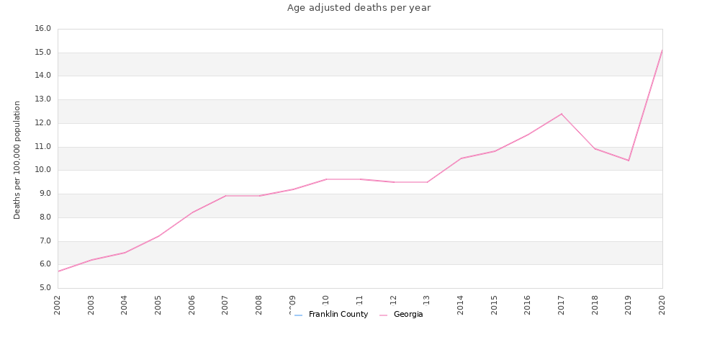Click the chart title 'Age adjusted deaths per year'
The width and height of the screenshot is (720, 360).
coord(359,8)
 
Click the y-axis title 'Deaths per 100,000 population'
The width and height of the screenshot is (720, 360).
coord(17,160)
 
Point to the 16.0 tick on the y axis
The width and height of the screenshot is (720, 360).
coord(42,29)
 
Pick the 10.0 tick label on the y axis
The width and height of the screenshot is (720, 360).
coord(42,170)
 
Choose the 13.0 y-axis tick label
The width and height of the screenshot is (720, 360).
coord(42,99)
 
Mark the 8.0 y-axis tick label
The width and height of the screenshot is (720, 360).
coord(42,217)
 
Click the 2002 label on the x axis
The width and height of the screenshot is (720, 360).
coord(58,305)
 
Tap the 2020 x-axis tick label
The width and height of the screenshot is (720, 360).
coord(662,305)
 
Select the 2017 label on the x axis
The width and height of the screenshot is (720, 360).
coord(562,305)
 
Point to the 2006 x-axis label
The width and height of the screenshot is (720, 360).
coord(192,305)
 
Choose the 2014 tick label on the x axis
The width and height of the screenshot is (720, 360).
coord(461,305)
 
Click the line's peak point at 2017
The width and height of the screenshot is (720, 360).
coord(562,114)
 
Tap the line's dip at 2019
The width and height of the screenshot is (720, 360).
coord(629,161)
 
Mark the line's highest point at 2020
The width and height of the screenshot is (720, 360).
coord(662,50)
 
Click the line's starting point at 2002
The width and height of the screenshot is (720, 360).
coord(58,271)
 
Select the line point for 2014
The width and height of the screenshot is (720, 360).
coord(461,158)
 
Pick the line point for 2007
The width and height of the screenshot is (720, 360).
coord(225,196)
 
